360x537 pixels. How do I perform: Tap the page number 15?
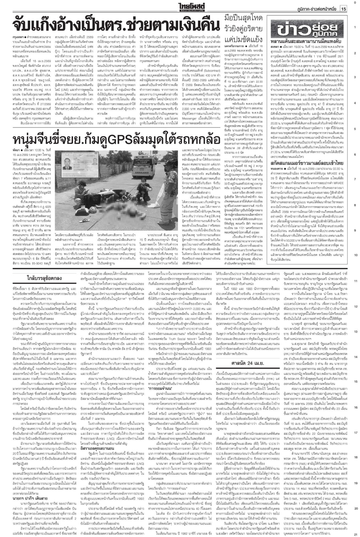point(344,9)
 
